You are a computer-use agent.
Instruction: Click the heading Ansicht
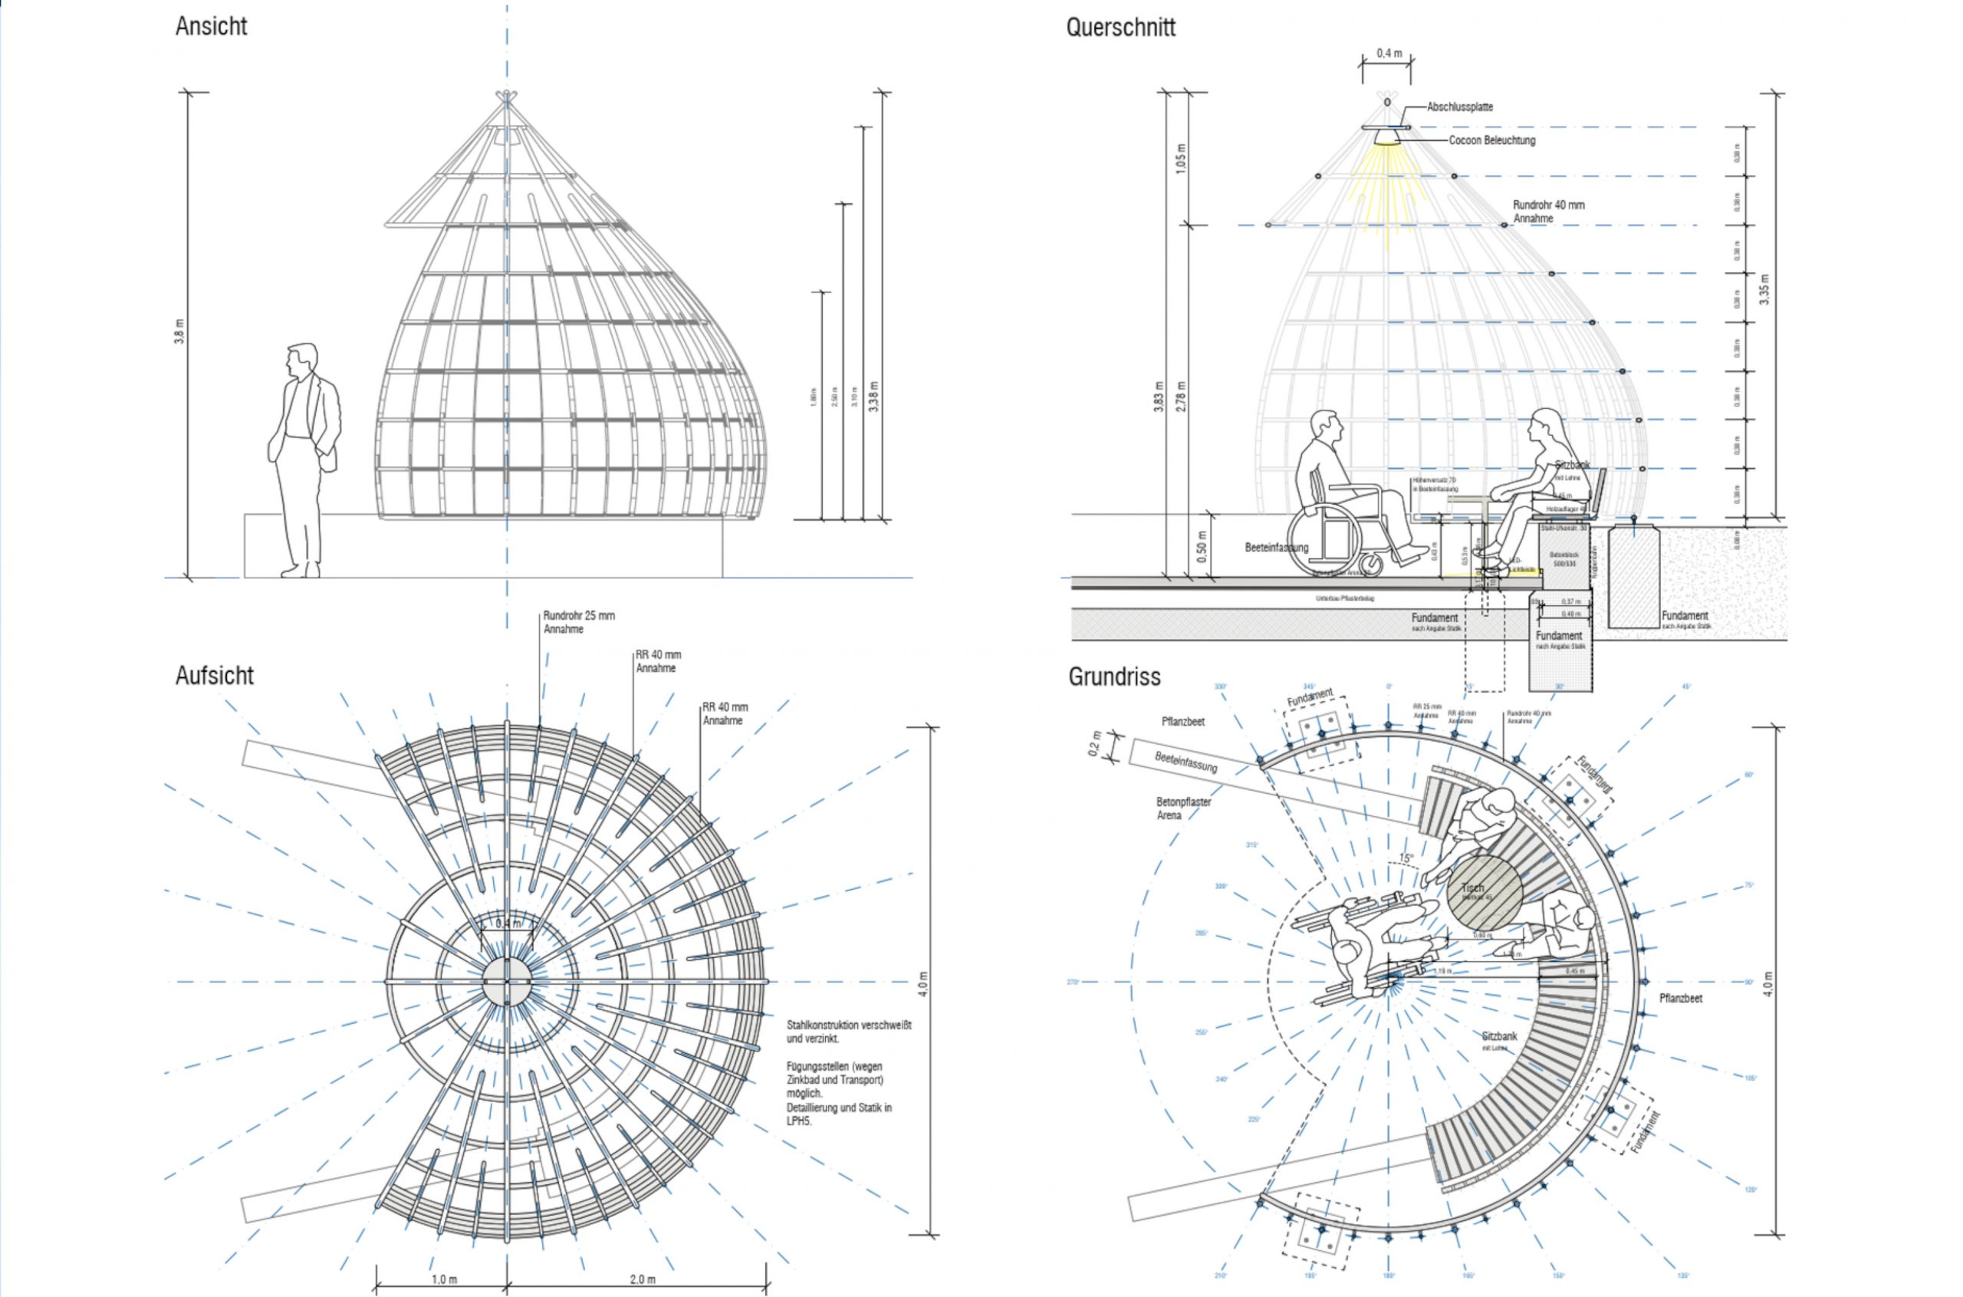coord(211,27)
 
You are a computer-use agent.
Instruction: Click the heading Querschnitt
coord(1120,28)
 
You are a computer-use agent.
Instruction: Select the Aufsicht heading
coord(214,676)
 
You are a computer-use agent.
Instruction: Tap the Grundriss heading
coord(1114,676)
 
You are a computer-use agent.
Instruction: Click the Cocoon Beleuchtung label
coord(1491,140)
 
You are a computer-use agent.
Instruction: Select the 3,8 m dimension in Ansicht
coord(179,331)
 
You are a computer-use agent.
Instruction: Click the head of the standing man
coord(302,360)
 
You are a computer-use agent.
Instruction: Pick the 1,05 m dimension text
coord(1180,158)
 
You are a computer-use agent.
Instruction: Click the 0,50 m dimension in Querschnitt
coord(1202,545)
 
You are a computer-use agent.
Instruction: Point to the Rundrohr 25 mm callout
coord(579,622)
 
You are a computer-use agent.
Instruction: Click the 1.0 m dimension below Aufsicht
coord(443,1279)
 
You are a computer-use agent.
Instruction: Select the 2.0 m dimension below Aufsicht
coord(643,1279)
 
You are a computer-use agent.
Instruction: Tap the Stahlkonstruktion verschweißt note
coord(848,1032)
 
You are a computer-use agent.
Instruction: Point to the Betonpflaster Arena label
coord(1183,808)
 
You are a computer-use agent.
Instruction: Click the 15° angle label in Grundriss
coord(1406,858)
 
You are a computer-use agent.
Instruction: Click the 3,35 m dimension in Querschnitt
coord(1764,289)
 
